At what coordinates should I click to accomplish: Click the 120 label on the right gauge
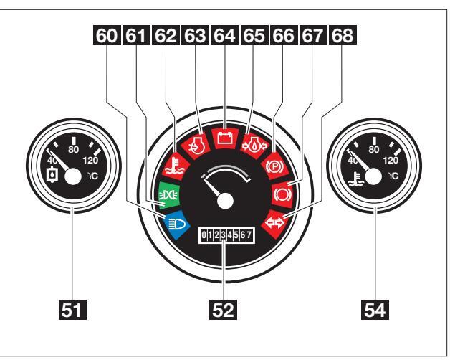(x=391, y=161)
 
